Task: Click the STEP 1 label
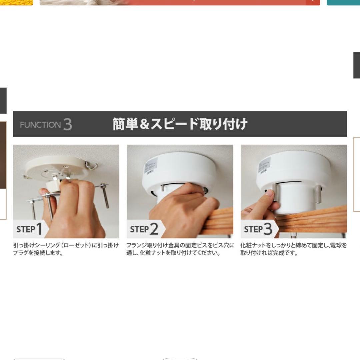coord(29,229)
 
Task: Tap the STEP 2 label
coord(144,229)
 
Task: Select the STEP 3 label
coord(258,229)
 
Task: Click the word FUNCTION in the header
coord(40,125)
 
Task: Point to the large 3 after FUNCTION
coord(67,124)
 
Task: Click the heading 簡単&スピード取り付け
coord(180,124)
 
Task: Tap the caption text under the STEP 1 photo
coord(66,249)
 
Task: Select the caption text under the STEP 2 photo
coord(180,249)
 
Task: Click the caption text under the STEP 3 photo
coord(293,249)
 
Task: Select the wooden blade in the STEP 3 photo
coord(313,220)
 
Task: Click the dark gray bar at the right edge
coord(357,65)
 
